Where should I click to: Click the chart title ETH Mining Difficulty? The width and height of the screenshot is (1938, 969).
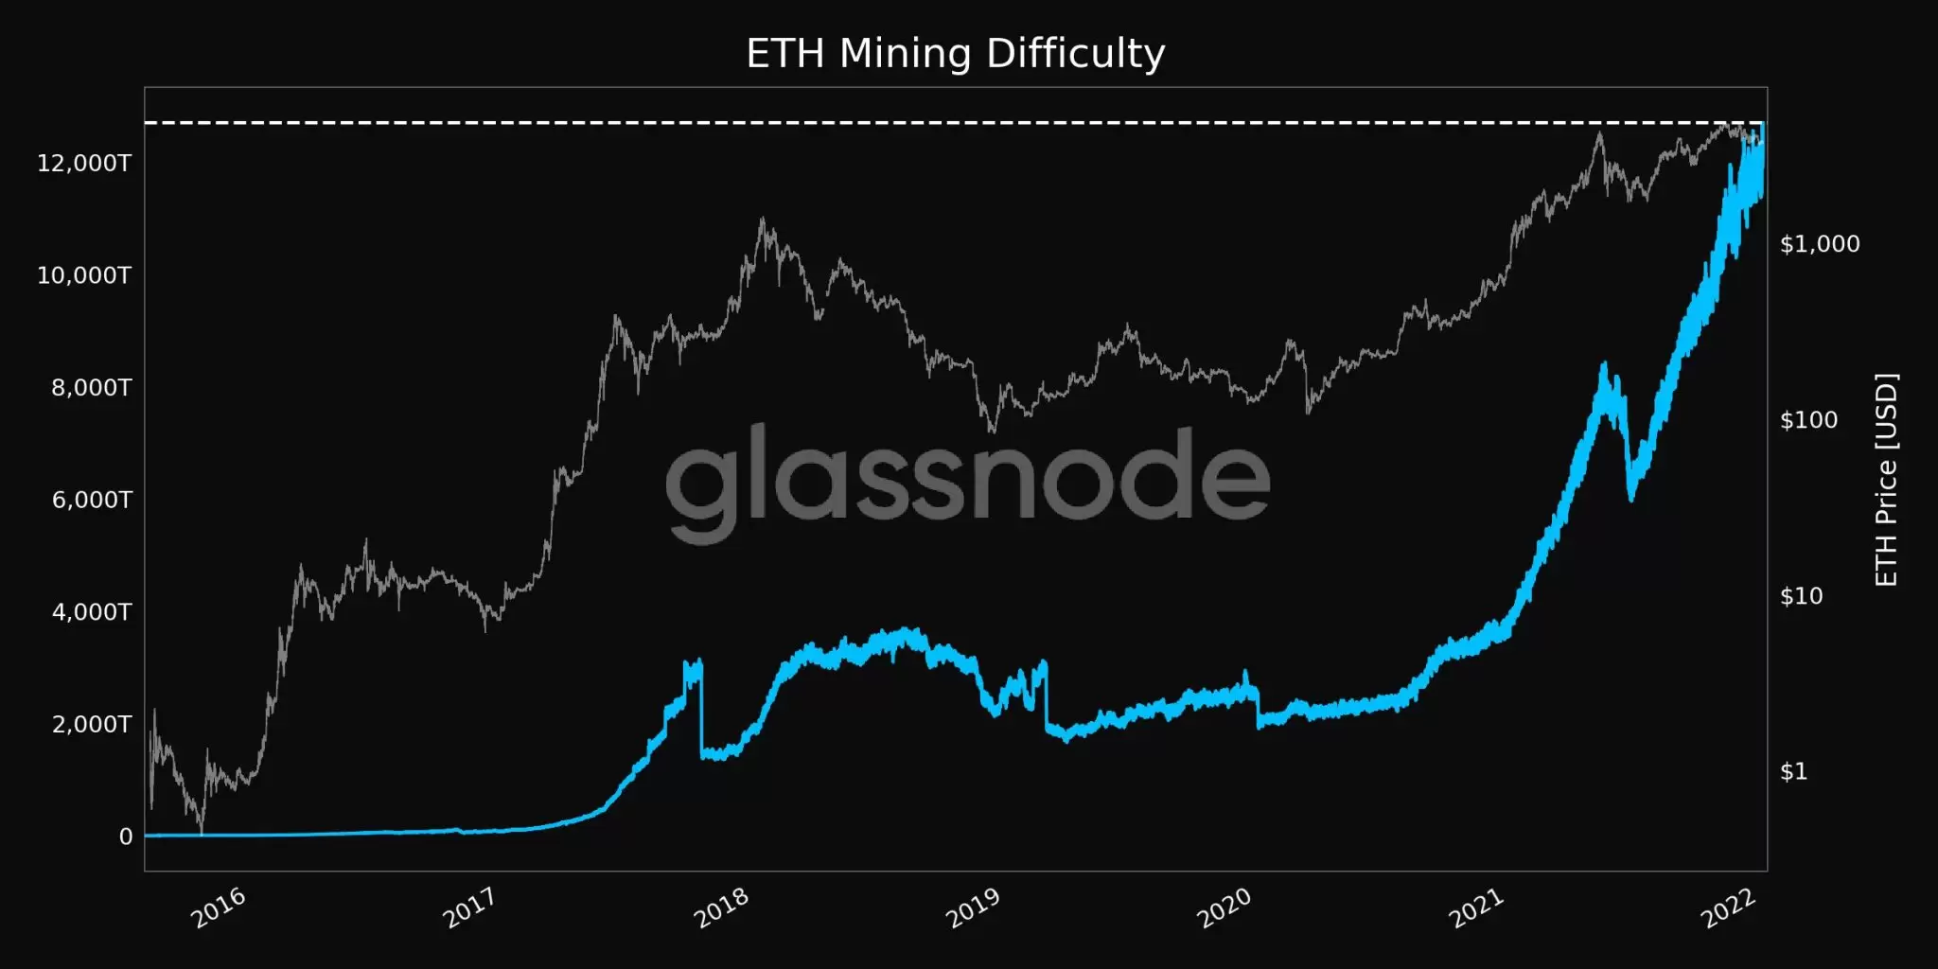pyautogui.click(x=956, y=53)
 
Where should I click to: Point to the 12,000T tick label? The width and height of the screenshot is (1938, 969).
pyautogui.click(x=84, y=164)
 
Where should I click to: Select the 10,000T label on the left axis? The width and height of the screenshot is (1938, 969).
pyautogui.click(x=84, y=275)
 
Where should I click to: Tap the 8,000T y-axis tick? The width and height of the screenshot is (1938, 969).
pyautogui.click(x=91, y=388)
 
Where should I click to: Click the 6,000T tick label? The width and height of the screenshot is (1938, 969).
pyautogui.click(x=91, y=500)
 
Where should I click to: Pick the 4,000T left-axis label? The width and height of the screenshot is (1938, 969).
pyautogui.click(x=91, y=612)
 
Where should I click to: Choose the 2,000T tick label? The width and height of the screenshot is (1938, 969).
pyautogui.click(x=91, y=725)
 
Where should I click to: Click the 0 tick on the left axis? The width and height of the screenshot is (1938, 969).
pyautogui.click(x=126, y=837)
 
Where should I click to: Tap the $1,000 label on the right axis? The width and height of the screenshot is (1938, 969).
pyautogui.click(x=1820, y=244)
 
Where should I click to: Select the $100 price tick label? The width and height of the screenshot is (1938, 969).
pyautogui.click(x=1808, y=420)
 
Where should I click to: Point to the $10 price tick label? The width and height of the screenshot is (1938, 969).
pyautogui.click(x=1801, y=596)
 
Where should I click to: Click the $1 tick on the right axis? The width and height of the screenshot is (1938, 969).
pyautogui.click(x=1793, y=771)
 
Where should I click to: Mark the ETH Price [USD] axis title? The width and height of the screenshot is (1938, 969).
pyautogui.click(x=1886, y=480)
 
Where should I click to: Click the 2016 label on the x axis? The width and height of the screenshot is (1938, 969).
pyautogui.click(x=219, y=908)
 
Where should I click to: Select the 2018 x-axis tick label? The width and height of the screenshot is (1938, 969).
pyautogui.click(x=722, y=908)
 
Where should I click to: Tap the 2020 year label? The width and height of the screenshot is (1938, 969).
pyautogui.click(x=1224, y=908)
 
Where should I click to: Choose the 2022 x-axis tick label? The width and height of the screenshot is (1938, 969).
pyautogui.click(x=1728, y=908)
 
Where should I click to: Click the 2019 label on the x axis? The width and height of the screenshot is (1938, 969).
pyautogui.click(x=973, y=908)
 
